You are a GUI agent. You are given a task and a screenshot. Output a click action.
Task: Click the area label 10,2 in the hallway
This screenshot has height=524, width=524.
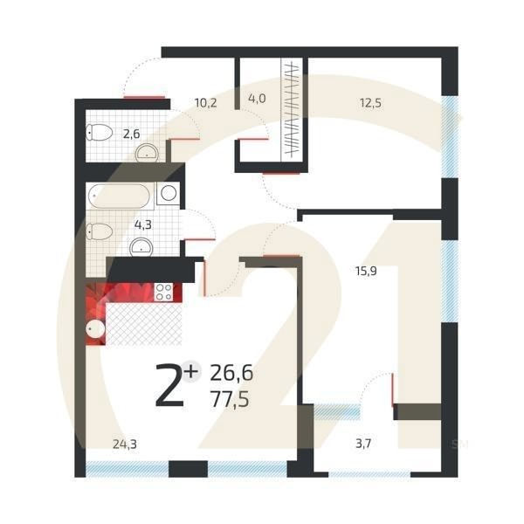205,102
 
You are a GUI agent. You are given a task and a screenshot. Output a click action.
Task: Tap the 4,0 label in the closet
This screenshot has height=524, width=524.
257,98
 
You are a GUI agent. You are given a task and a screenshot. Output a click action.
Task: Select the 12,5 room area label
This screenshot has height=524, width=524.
371,102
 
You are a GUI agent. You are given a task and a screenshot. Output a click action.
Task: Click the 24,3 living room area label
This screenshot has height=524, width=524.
124,444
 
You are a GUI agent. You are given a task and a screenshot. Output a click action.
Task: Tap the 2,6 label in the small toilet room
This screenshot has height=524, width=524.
131,134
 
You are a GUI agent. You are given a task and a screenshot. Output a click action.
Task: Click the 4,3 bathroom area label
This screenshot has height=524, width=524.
141,224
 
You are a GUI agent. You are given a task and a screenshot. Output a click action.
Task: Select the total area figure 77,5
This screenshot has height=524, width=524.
231,400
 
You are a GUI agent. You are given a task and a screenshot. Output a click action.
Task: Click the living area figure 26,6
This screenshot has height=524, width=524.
231,374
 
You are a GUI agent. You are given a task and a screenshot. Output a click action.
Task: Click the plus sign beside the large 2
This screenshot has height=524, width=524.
191,370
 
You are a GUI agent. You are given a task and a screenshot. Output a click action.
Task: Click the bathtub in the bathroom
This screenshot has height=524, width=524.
121,195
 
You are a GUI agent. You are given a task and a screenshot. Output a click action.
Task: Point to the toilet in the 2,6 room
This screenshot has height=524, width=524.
100,133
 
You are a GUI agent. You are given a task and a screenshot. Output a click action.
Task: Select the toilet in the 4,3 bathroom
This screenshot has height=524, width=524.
100,231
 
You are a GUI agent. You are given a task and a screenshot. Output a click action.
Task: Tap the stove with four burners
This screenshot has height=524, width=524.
163,293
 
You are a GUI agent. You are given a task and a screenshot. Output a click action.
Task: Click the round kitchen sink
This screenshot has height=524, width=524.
96,329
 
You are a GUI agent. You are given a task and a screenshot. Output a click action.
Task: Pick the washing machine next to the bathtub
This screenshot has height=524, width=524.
169,193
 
